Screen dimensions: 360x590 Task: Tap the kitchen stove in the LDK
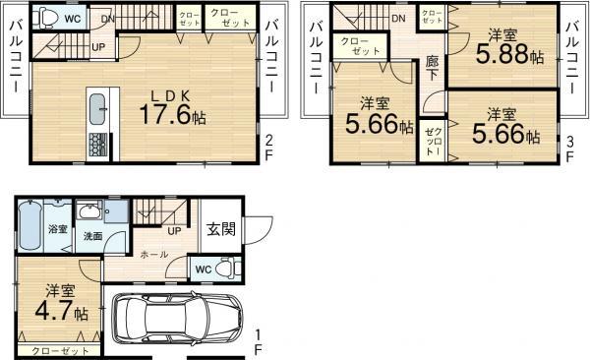[x=98, y=144]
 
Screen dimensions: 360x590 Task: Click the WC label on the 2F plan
[x=73, y=18]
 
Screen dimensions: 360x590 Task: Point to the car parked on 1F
[x=176, y=319]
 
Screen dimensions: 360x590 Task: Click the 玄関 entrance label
[x=221, y=229]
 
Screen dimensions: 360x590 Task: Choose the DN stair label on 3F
[x=398, y=19]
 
